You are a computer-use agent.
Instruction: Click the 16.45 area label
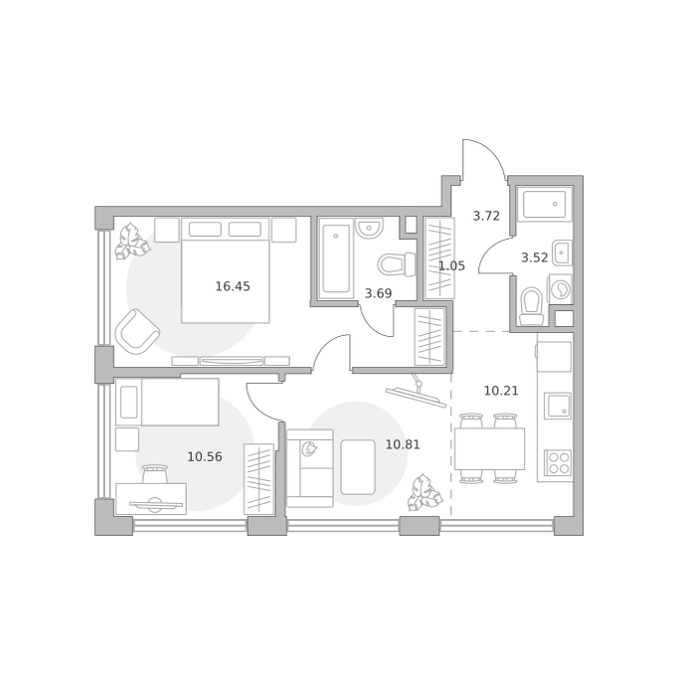click(x=233, y=286)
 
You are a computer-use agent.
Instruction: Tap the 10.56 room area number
click(x=205, y=456)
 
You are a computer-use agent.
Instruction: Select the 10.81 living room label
click(x=403, y=444)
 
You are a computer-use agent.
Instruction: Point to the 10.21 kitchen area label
click(x=501, y=391)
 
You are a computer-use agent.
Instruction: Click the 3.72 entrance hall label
click(x=486, y=216)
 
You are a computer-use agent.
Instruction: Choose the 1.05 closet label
click(x=451, y=266)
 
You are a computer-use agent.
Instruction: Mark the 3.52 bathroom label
click(x=535, y=257)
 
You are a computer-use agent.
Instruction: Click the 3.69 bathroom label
click(x=378, y=293)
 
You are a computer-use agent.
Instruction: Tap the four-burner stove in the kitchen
click(x=558, y=463)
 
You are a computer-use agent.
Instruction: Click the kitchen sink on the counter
click(x=558, y=406)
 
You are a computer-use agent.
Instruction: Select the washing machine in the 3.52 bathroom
click(x=560, y=288)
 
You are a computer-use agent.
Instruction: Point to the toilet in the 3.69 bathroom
click(x=397, y=263)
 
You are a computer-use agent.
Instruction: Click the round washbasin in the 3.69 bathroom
click(x=370, y=228)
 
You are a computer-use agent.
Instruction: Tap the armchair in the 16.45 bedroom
click(x=137, y=331)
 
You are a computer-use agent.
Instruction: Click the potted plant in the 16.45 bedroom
click(x=132, y=242)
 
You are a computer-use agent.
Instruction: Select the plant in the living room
click(x=425, y=492)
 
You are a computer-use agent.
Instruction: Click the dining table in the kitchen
click(x=490, y=448)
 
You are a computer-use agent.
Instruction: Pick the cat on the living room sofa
click(x=309, y=448)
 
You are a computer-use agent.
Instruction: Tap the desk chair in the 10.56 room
click(x=155, y=474)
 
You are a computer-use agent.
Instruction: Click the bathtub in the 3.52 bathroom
click(x=545, y=205)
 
